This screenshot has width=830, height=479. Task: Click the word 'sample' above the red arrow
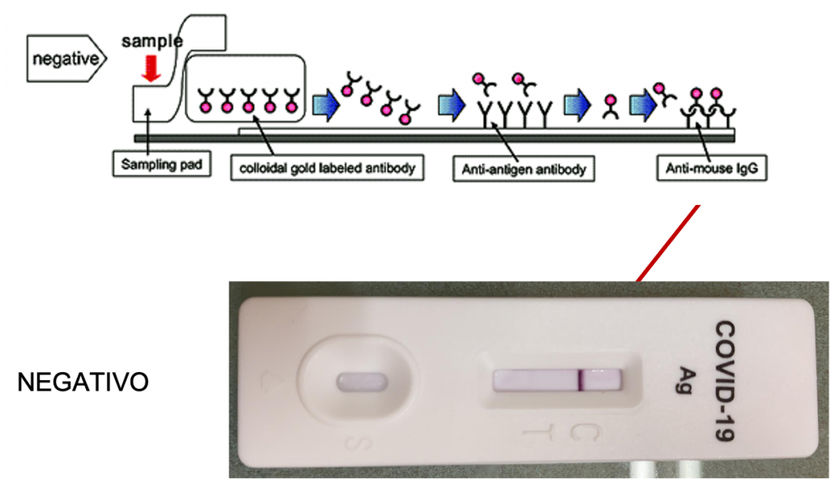point(151,40)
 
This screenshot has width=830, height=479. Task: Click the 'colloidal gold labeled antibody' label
point(327,169)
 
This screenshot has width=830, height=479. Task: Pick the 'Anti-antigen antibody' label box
point(523,169)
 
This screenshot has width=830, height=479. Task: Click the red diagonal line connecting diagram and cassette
point(669,242)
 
